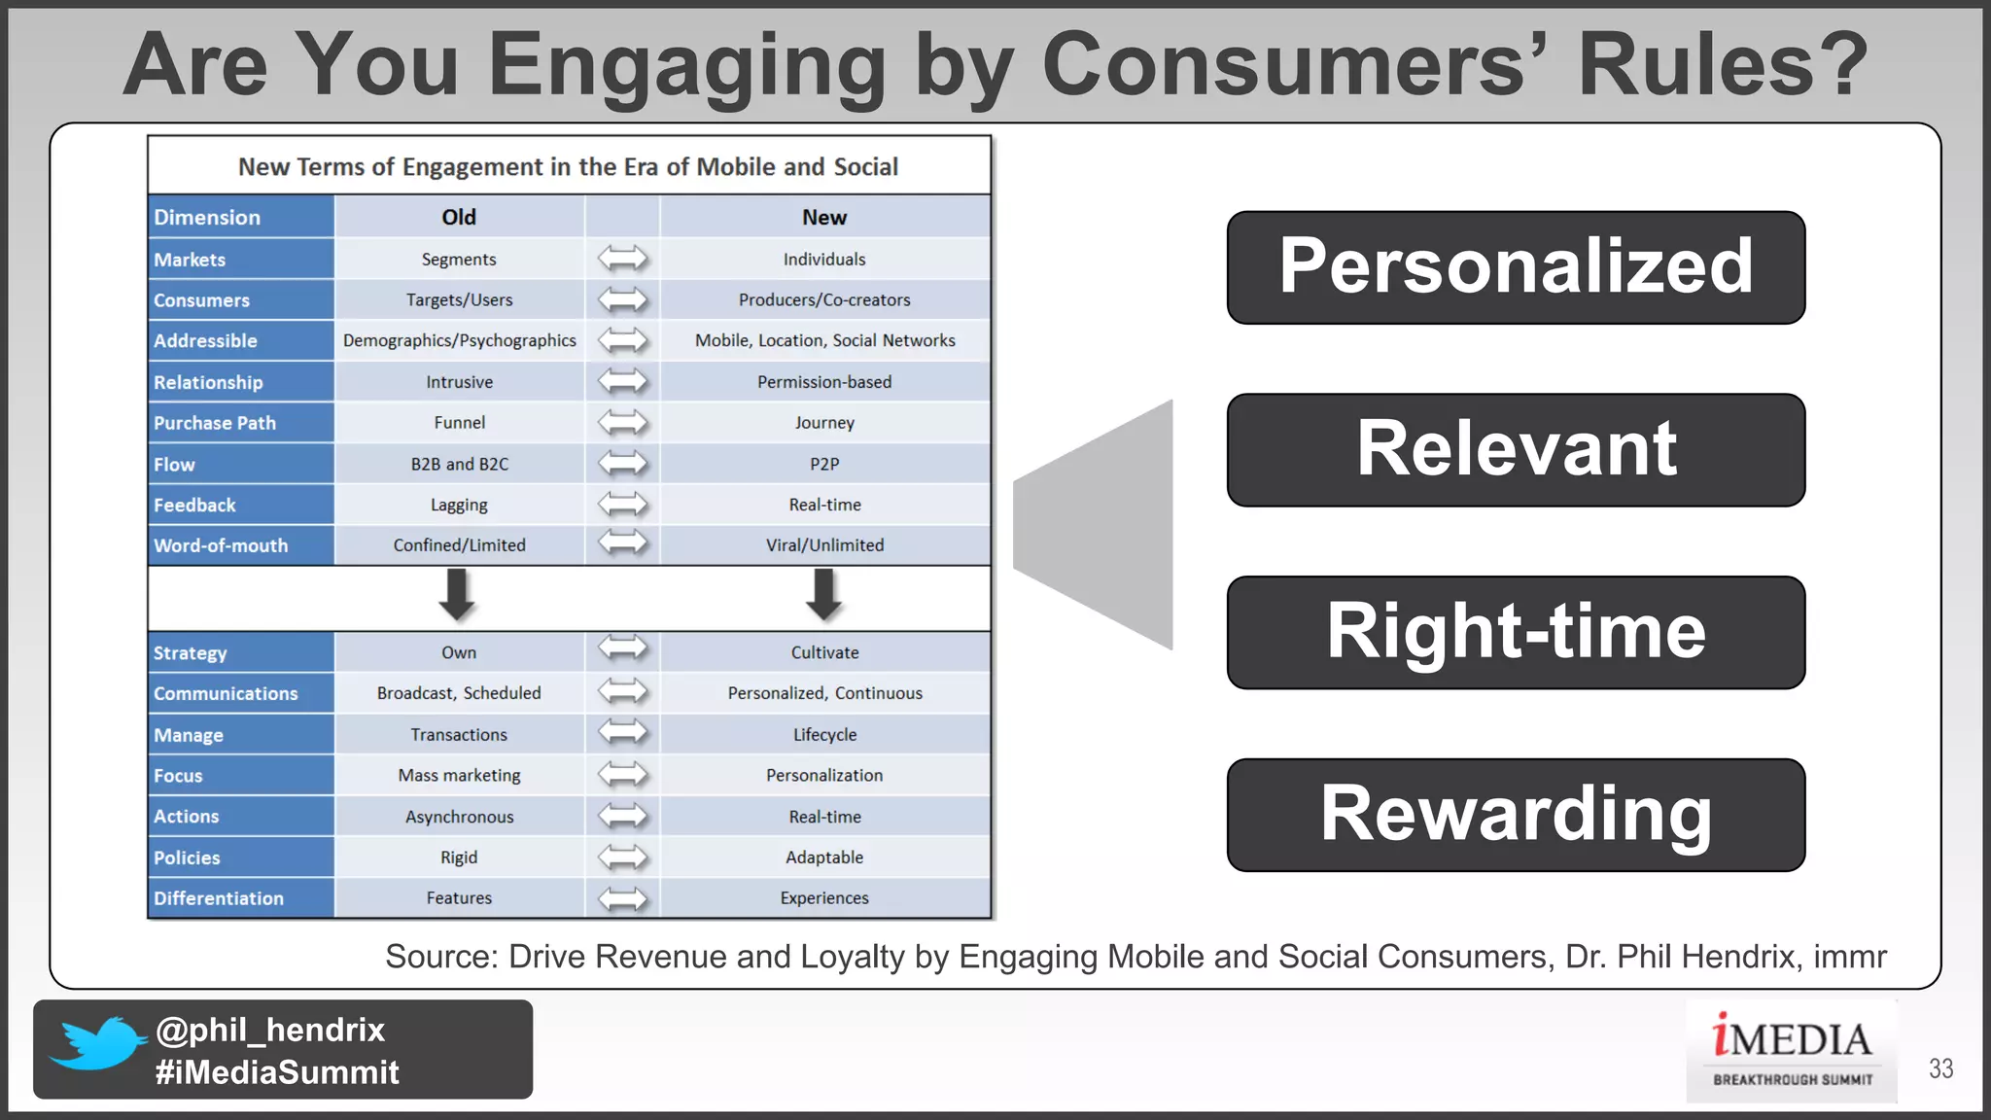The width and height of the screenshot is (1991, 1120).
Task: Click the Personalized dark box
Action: point(1515,267)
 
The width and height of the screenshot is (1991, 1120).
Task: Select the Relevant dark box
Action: point(1515,450)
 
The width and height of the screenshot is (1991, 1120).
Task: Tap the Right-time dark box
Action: point(1515,633)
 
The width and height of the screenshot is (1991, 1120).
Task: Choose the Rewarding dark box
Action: point(1515,815)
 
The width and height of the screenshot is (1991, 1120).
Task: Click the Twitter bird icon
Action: point(97,1042)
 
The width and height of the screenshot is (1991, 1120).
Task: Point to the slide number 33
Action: point(1940,1068)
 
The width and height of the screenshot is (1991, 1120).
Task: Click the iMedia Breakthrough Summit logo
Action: point(1792,1051)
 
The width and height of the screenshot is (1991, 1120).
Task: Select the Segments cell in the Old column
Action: point(459,260)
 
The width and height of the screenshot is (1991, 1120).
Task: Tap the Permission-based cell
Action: point(824,382)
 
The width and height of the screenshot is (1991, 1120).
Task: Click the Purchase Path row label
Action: point(215,423)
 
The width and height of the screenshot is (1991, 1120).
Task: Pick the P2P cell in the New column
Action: point(824,464)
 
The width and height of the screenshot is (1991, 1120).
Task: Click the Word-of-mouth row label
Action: point(221,545)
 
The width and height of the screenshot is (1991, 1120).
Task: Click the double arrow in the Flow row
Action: point(622,464)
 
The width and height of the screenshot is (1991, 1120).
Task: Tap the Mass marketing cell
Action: point(459,775)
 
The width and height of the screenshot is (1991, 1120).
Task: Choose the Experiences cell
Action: point(824,898)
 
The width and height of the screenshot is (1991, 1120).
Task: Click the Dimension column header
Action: point(207,217)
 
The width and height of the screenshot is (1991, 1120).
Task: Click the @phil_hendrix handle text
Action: point(270,1030)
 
